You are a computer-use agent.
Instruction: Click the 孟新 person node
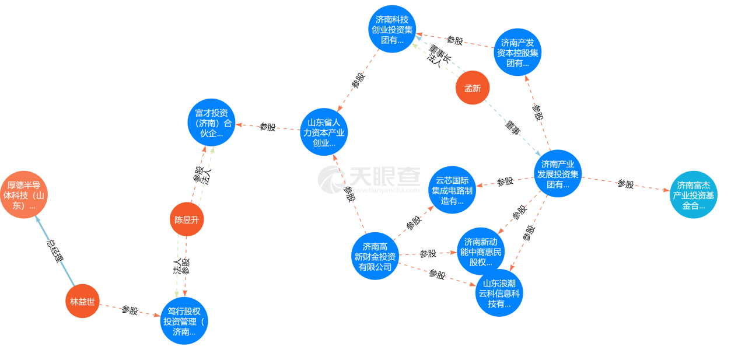(472, 89)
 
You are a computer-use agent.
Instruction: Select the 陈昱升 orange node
(187, 219)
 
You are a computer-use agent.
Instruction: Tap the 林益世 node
(82, 302)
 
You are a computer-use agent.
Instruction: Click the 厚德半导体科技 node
(24, 194)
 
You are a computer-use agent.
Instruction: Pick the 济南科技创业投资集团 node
(392, 29)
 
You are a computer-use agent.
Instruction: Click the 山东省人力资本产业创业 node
(324, 132)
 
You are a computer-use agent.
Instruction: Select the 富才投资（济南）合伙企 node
(211, 123)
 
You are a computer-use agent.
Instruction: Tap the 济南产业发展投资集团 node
(558, 174)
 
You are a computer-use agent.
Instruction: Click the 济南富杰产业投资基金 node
(693, 195)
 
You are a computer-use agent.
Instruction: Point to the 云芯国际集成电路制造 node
(453, 190)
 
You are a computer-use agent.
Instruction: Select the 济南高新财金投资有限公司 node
(375, 257)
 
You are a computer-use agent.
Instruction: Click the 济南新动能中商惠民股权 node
(480, 251)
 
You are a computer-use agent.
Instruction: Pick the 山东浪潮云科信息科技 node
(499, 293)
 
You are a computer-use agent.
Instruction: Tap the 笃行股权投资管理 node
(184, 321)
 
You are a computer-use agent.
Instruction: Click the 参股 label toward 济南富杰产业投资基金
(625, 184)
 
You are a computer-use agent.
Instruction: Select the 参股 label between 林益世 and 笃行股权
(130, 310)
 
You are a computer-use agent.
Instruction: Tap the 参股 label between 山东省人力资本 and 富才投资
(267, 127)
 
